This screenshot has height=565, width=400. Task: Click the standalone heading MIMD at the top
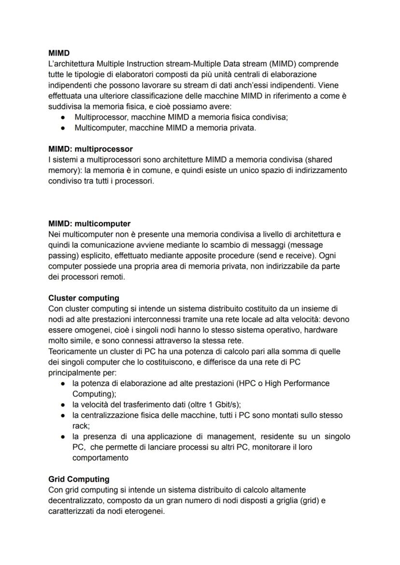point(59,53)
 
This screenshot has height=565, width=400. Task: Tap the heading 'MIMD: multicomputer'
point(89,224)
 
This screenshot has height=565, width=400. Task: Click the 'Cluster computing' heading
point(84,298)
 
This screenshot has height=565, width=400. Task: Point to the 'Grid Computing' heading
point(79,479)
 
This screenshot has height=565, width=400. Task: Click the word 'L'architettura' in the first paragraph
point(71,64)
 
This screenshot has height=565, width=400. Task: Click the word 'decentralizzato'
point(78,501)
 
